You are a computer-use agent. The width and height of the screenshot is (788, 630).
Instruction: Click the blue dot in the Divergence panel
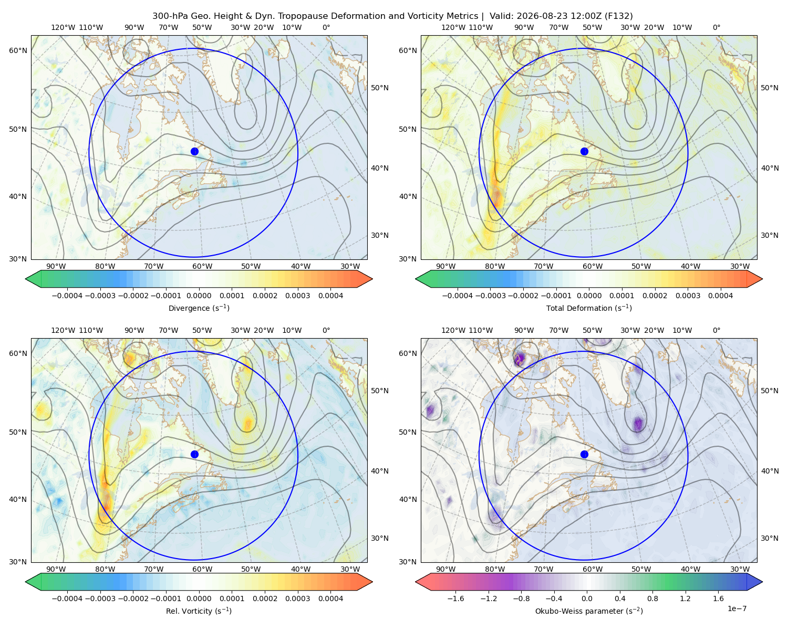(x=194, y=151)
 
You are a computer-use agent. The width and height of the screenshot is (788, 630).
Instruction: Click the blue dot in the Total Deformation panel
(x=584, y=151)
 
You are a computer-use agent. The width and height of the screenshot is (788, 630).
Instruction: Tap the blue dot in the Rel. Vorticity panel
(x=194, y=454)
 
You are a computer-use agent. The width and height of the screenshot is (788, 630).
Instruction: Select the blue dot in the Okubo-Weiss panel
(x=584, y=454)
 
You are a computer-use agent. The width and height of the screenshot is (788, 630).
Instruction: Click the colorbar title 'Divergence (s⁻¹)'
(x=199, y=308)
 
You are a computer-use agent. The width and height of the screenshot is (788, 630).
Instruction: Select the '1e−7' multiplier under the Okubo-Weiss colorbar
(x=737, y=608)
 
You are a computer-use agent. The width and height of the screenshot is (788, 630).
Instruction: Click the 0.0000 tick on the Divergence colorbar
(x=199, y=296)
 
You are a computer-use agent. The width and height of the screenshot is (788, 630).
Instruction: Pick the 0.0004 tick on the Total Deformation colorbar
(x=720, y=296)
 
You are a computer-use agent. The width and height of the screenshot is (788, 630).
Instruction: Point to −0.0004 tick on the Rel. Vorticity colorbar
(x=67, y=598)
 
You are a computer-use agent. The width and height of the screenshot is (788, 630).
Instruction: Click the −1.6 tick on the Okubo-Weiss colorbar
(x=455, y=598)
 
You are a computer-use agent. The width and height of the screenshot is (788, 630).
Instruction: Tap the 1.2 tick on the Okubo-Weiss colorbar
(x=685, y=598)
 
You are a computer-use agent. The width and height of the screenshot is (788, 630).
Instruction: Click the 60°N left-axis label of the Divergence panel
(x=18, y=50)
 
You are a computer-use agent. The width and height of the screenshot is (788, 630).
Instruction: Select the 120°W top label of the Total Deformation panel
(x=453, y=27)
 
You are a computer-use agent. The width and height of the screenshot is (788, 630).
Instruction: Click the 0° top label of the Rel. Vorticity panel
(x=326, y=330)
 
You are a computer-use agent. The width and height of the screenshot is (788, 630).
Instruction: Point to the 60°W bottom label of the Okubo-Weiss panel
(x=592, y=569)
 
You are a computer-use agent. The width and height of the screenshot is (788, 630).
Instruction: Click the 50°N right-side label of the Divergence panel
(x=380, y=88)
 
